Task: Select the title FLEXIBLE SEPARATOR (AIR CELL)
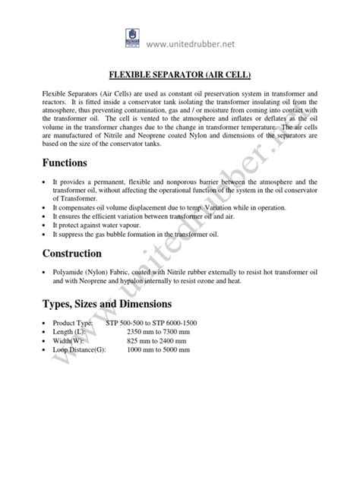[179, 74]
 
